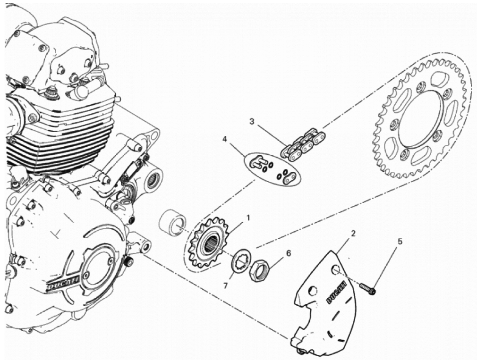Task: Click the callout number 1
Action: pos(247,218)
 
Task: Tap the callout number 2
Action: pos(353,234)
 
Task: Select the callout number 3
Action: pos(252,121)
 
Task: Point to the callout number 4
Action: pos(225,139)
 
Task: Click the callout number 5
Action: pos(400,242)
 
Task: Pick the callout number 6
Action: pos(289,253)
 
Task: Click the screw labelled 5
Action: pos(367,288)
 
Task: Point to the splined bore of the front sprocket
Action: pos(211,244)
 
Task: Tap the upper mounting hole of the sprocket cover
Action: pos(336,269)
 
